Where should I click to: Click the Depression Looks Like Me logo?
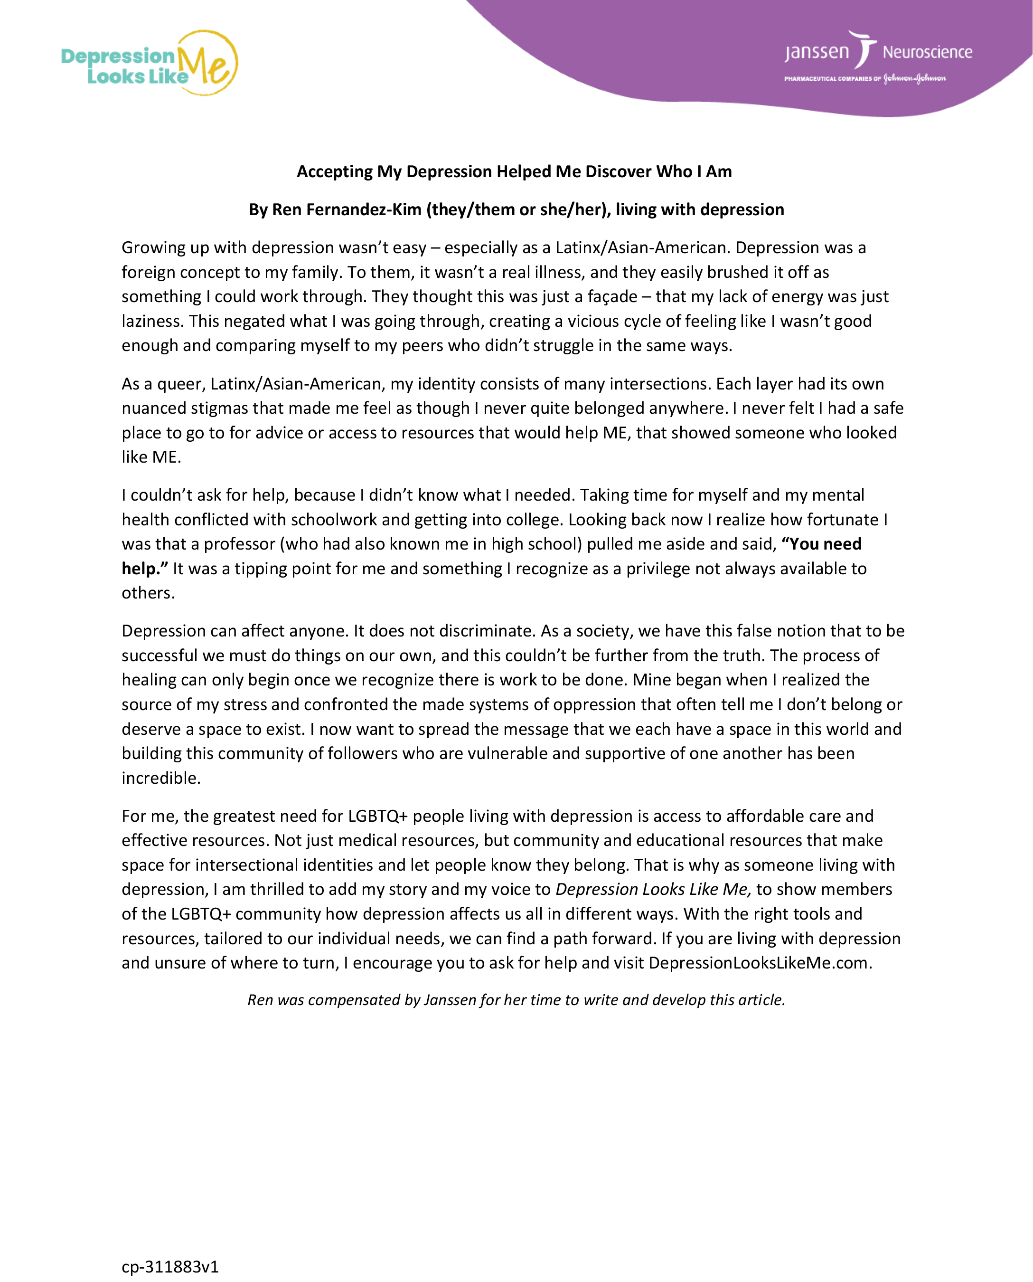[150, 63]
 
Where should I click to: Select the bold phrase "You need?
[821, 544]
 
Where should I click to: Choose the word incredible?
[160, 778]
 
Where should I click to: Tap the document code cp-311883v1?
[170, 1266]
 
